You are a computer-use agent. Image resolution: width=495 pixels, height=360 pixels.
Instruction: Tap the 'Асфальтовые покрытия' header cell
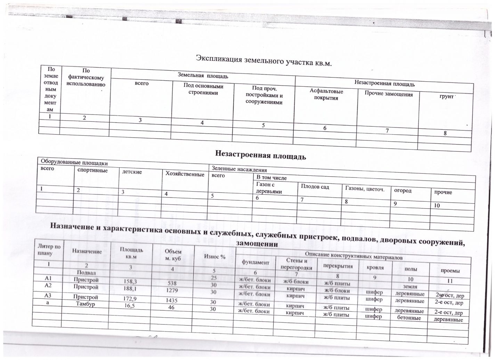(x=326, y=95)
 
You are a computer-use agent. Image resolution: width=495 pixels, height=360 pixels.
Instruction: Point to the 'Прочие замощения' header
(x=389, y=94)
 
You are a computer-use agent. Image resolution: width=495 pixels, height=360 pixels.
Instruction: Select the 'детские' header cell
(x=132, y=172)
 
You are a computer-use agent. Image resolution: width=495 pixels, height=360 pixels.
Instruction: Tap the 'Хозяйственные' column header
(x=185, y=174)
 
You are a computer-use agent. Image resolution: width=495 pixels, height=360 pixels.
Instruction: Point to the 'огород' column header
(x=403, y=191)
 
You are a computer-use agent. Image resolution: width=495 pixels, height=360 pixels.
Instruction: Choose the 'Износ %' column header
(x=215, y=257)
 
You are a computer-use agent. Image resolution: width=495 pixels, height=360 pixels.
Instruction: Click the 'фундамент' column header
(x=255, y=263)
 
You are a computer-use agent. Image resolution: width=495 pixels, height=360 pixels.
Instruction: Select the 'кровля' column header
(x=375, y=268)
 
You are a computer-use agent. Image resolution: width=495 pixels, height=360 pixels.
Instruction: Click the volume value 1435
(x=172, y=298)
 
